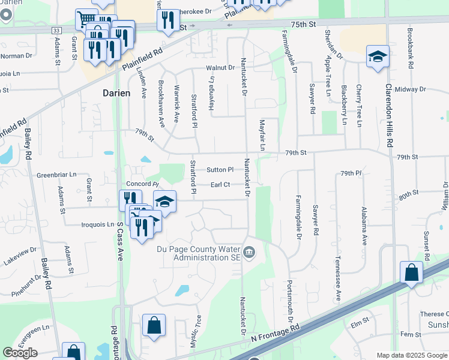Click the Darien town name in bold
[x=112, y=94]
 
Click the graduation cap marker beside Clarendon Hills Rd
[x=378, y=57]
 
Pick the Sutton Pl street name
[x=219, y=170]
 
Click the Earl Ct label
[x=220, y=185]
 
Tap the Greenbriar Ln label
[x=57, y=175]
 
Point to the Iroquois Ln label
[x=97, y=224]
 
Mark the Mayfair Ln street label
[x=262, y=135]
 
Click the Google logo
[x=20, y=353]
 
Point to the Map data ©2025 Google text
[x=411, y=355]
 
